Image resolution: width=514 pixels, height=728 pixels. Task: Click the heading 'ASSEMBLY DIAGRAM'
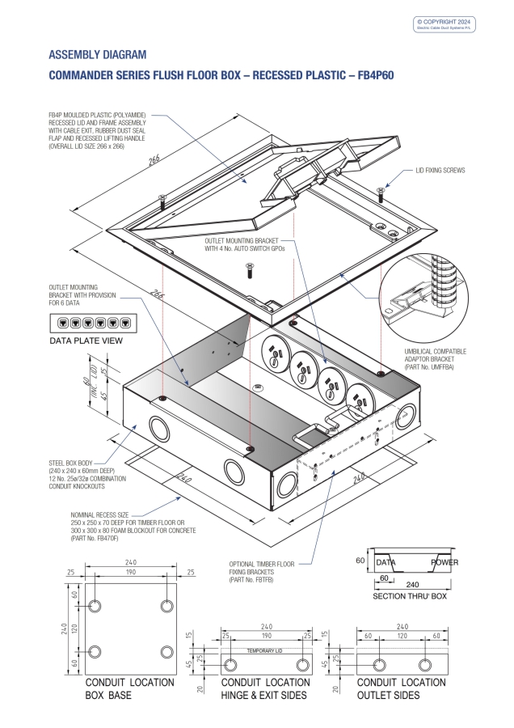point(98,55)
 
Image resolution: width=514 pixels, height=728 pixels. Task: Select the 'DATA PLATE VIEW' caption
point(86,341)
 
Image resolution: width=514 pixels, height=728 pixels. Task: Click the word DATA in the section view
point(387,561)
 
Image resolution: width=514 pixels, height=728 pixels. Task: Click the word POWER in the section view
point(444,561)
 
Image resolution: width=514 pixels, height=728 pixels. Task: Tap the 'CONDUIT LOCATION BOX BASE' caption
point(129,688)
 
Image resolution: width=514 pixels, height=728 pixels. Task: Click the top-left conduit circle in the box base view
point(95,606)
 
